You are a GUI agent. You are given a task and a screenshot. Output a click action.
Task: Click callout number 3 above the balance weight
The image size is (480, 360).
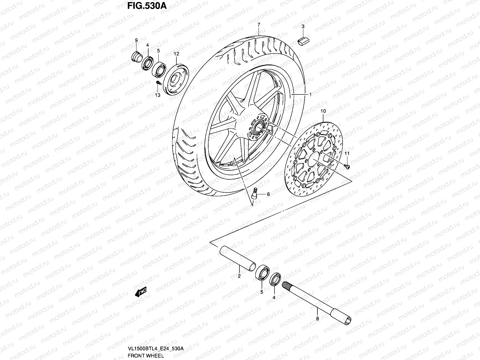pyautogui.click(x=303, y=27)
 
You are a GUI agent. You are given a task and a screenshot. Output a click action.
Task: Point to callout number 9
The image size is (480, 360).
pyautogui.click(x=136, y=40)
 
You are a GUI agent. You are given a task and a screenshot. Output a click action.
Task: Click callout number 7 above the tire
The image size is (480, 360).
pyautogui.click(x=259, y=24)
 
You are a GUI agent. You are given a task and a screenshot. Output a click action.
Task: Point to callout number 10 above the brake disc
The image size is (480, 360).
pyautogui.click(x=323, y=111)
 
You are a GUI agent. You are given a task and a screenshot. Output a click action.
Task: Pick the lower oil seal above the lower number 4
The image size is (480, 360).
pyautogui.click(x=275, y=279)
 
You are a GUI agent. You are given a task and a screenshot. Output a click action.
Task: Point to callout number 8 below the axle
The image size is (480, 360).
pyautogui.click(x=317, y=319)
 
